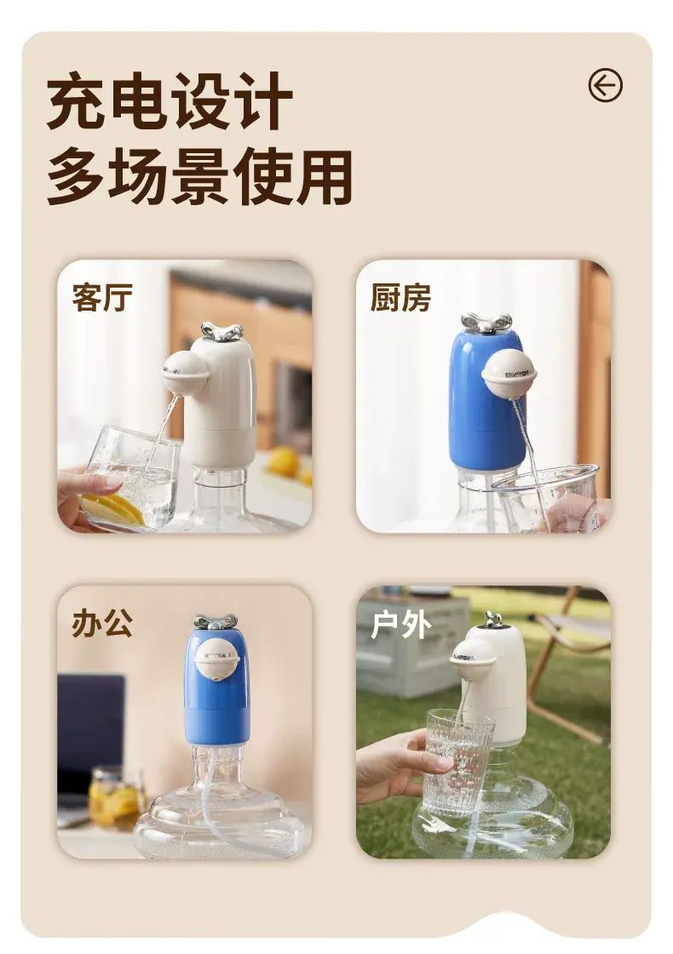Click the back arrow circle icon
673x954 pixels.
606,84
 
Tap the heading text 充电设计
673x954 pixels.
170,100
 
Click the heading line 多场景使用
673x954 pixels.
199,176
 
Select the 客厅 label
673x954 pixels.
102,298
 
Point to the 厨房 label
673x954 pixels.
400,298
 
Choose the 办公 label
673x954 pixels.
102,623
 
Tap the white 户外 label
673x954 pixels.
400,625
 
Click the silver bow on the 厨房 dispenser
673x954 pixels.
486,323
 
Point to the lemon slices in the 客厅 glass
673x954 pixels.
113,509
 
